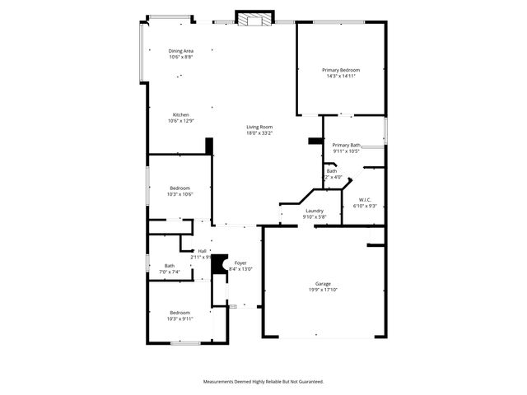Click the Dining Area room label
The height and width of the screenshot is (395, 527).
click(x=180, y=51)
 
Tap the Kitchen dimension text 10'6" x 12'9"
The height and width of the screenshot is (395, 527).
click(x=180, y=121)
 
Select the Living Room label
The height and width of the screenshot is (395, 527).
click(x=259, y=127)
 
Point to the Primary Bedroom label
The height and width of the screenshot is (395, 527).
click(x=341, y=70)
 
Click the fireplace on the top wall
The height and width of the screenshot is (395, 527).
click(x=253, y=19)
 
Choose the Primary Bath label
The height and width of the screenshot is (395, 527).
click(x=347, y=145)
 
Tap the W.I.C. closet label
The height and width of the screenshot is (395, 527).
click(x=365, y=199)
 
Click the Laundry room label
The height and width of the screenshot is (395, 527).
click(x=314, y=211)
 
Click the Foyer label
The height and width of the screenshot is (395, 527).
click(x=240, y=263)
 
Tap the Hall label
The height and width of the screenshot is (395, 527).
click(x=202, y=251)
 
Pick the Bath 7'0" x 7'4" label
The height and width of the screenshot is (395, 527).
click(x=169, y=265)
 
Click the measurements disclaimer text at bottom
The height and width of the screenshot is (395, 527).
click(x=263, y=382)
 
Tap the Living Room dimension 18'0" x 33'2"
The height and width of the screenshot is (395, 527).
click(x=259, y=133)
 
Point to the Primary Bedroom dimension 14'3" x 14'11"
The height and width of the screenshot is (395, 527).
click(x=341, y=77)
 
